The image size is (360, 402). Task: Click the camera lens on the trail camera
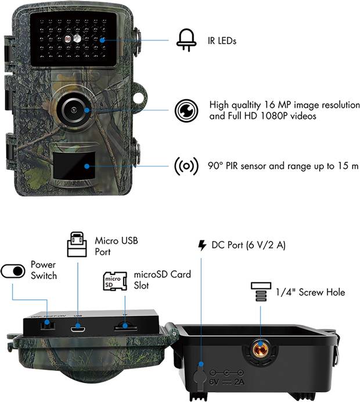(x=73, y=108)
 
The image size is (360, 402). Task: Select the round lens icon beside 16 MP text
(x=185, y=110)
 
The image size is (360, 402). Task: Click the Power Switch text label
(x=44, y=270)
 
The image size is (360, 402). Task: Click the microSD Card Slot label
(x=162, y=280)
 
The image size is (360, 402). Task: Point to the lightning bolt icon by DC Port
(x=202, y=245)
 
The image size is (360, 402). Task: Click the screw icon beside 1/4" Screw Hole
(x=260, y=292)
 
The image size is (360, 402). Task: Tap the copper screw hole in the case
(x=260, y=348)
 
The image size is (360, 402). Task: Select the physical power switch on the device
(x=46, y=326)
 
